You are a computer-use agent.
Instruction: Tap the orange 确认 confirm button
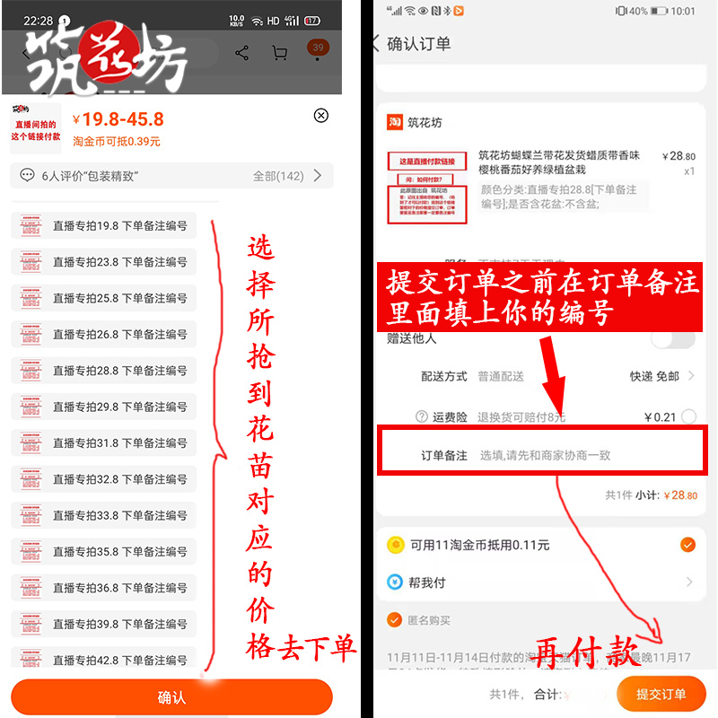[x=171, y=697]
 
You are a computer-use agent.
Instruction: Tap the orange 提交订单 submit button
[x=661, y=693]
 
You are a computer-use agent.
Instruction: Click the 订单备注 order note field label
[x=444, y=455]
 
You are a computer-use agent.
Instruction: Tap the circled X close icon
[x=320, y=115]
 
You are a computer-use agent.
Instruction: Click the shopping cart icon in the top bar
[x=279, y=53]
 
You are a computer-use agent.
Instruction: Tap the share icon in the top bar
[x=241, y=53]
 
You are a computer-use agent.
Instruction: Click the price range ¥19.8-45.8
[x=118, y=119]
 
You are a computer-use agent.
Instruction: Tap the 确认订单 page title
[x=418, y=43]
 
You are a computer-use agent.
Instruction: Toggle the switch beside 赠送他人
[x=672, y=338]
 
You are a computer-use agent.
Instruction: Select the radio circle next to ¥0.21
[x=688, y=416]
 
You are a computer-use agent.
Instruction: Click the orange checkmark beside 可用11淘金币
[x=687, y=544]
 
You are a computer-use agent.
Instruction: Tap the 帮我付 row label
[x=427, y=582]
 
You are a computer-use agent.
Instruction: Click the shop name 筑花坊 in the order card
[x=425, y=122]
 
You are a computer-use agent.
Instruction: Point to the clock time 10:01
[x=682, y=12]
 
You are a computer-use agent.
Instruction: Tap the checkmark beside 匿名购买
[x=394, y=619]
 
